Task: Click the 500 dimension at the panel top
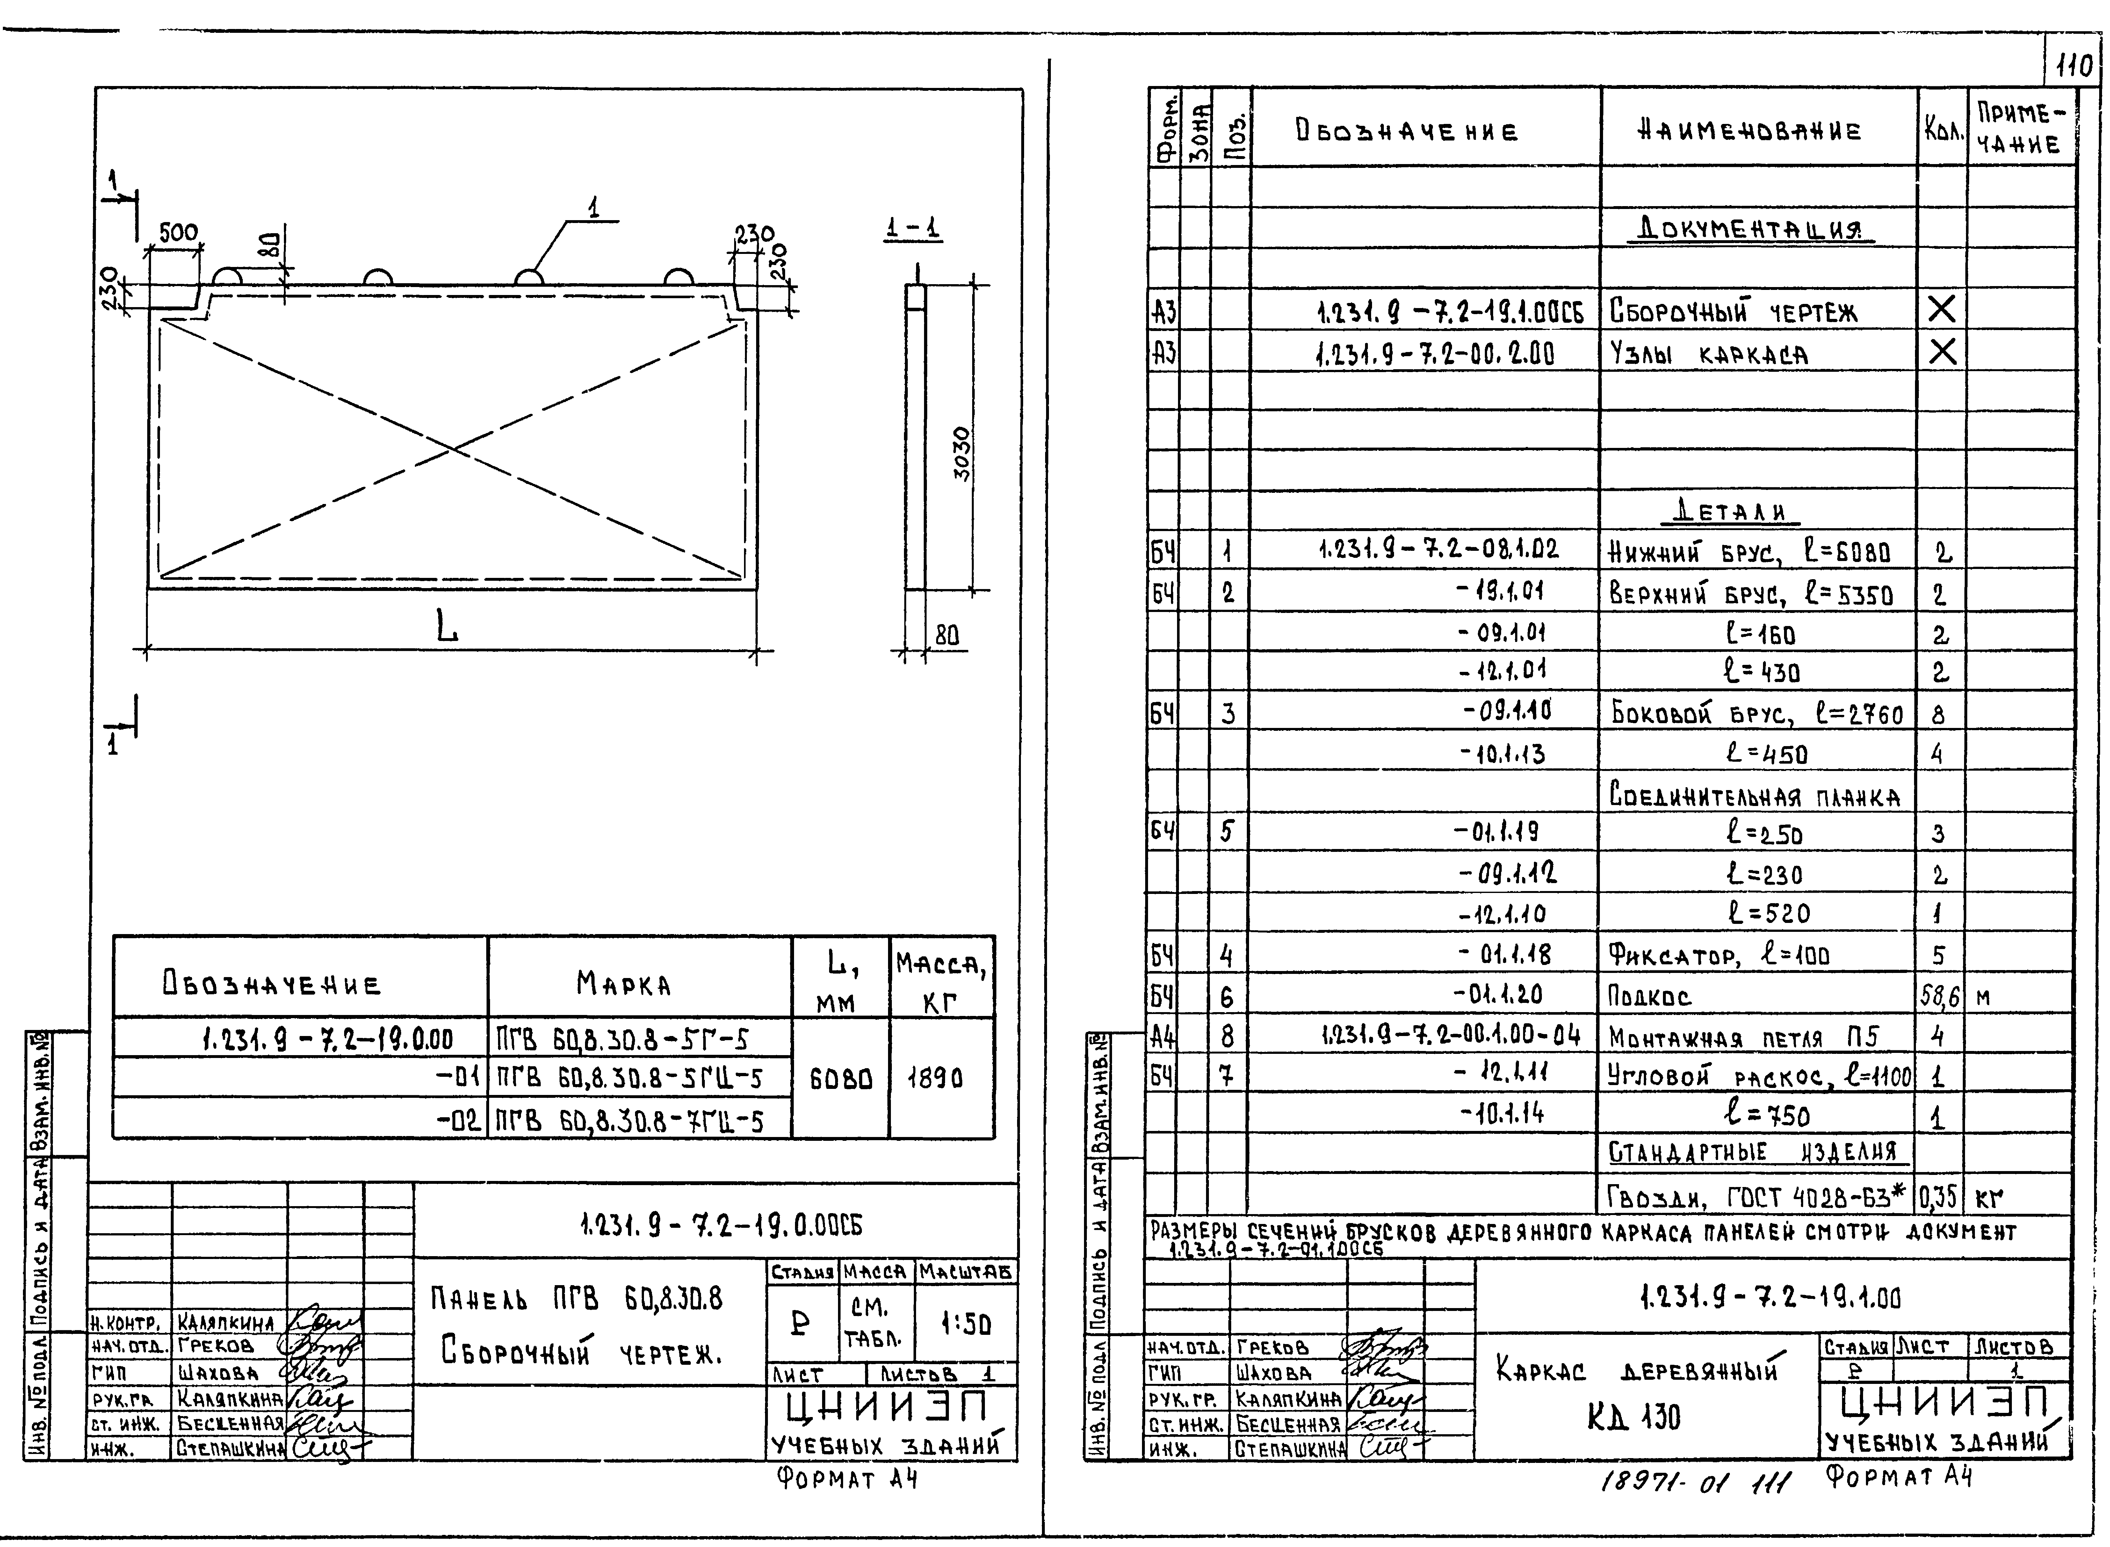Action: [178, 232]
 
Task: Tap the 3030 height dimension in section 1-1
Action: [962, 454]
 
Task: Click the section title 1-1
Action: [913, 228]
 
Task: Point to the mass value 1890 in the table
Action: [935, 1079]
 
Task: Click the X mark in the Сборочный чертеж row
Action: [1941, 309]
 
